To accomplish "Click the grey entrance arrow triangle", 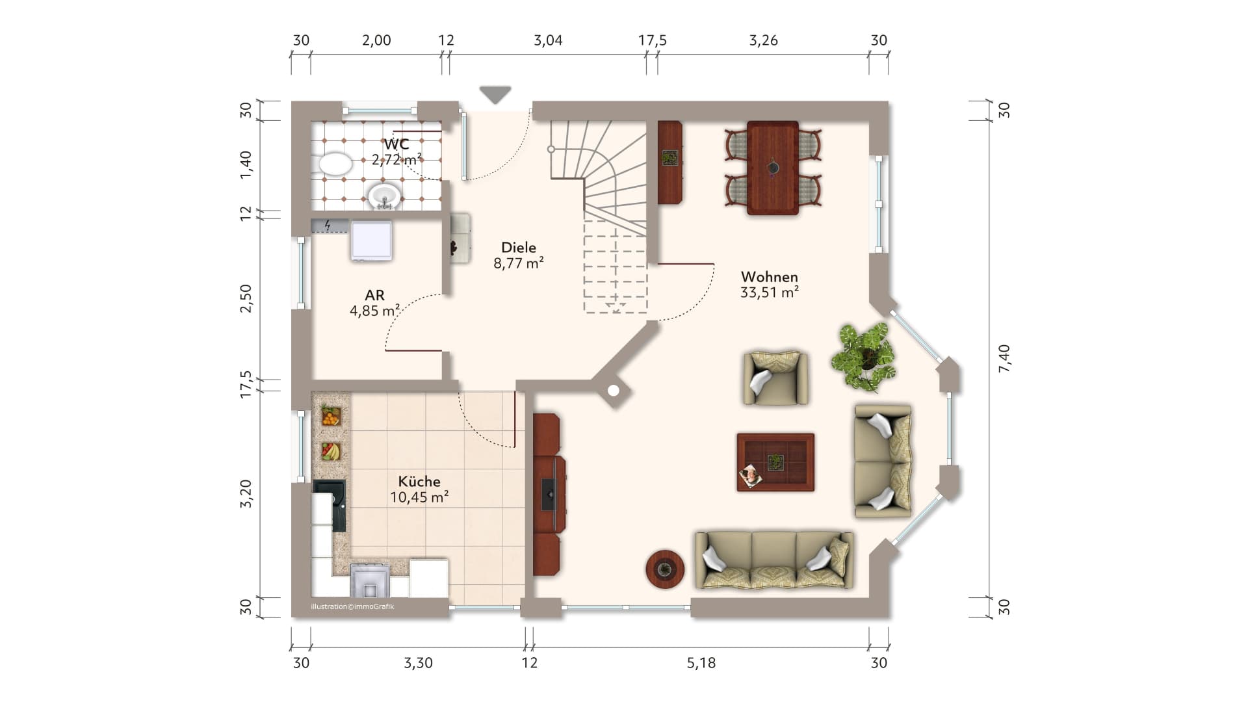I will tap(495, 94).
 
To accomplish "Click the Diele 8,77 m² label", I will tap(518, 255).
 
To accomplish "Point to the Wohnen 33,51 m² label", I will tap(769, 285).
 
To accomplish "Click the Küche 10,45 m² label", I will tap(419, 489).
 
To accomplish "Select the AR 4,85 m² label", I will tap(374, 304).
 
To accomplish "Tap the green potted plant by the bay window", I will tap(864, 357).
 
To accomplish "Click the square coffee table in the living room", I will tap(775, 462).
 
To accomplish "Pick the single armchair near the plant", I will tap(775, 378).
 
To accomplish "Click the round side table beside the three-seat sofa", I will tap(664, 569).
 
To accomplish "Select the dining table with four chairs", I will tap(773, 168).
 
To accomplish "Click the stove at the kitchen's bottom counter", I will tap(370, 580).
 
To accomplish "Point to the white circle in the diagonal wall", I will tap(613, 391).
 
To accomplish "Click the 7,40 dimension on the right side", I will tap(1004, 358).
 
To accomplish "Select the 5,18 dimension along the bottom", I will tap(701, 662).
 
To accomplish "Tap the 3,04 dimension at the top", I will tap(548, 40).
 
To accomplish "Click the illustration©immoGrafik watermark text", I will tap(352, 606).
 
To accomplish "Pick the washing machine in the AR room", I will tap(371, 240).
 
